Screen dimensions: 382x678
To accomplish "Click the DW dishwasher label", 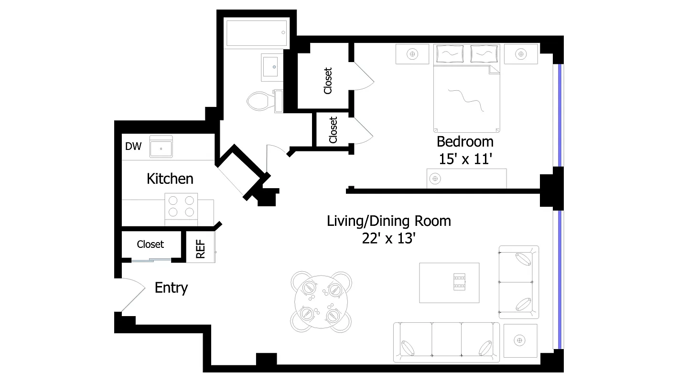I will pos(133,147).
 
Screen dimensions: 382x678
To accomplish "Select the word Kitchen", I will pos(170,179).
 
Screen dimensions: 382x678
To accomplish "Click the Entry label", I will pos(171,287).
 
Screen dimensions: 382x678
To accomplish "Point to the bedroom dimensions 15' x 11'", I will pos(465,159).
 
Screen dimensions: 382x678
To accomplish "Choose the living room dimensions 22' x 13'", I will pos(388,238).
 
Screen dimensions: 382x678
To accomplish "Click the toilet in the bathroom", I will pos(261,101).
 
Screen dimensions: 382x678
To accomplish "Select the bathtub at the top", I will pos(257,33).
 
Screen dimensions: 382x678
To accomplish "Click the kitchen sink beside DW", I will pos(161,146).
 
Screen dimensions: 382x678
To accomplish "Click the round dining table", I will pos(321,302).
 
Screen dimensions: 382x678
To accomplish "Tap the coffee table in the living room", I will pos(449,282).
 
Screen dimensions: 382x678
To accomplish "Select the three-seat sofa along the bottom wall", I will pos(446,342).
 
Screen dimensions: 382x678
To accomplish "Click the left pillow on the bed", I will pos(449,53).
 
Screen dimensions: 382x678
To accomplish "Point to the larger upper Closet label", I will pos(328,80).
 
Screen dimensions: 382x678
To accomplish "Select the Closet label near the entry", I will pos(150,244).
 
